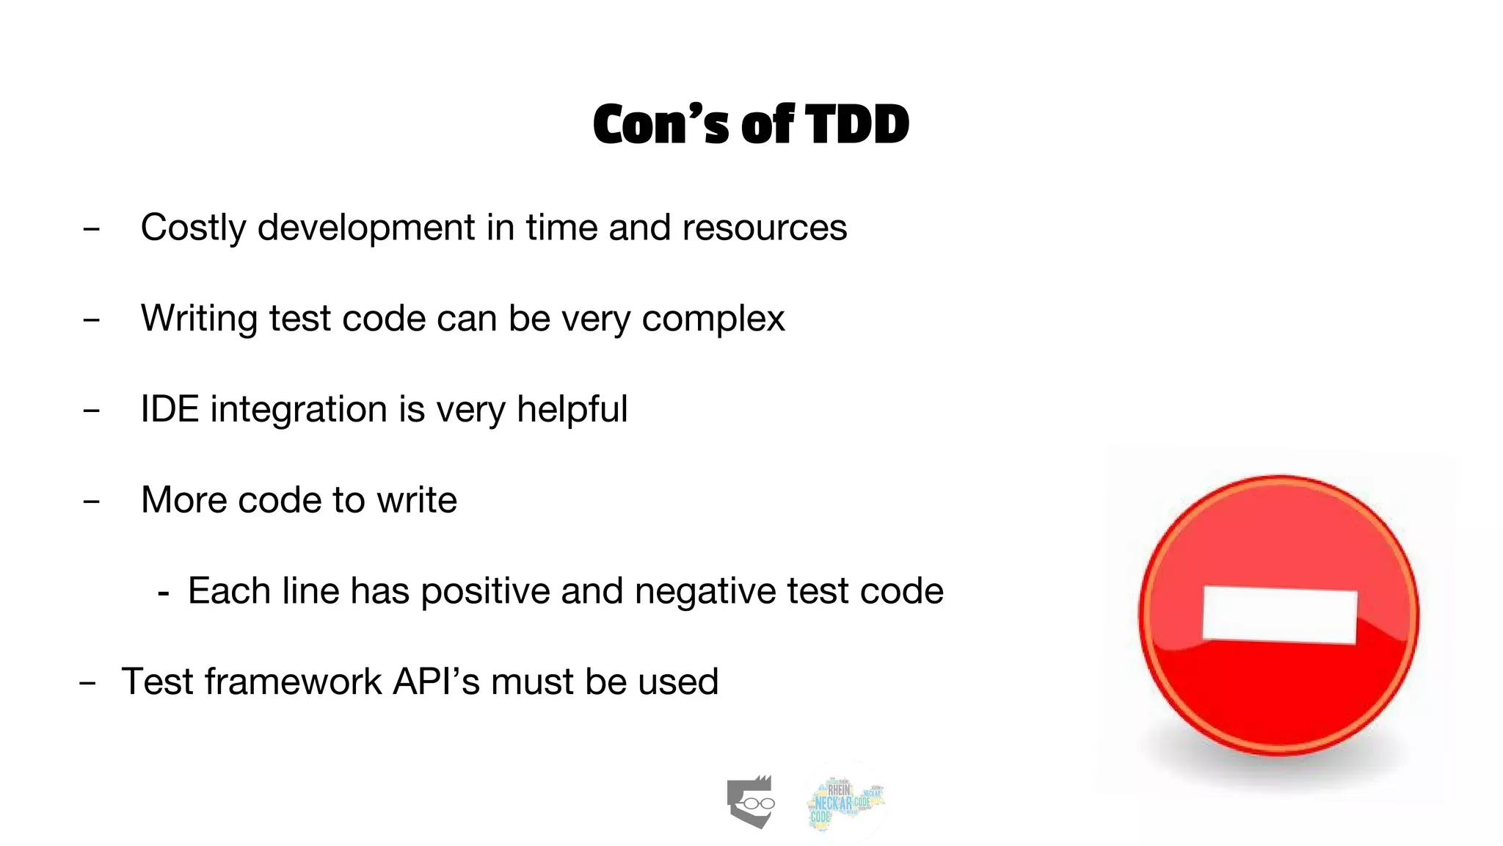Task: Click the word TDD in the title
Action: point(857,124)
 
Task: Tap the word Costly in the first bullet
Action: point(193,228)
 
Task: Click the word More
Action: point(183,500)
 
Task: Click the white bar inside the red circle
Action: point(1279,615)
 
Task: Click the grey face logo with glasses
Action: point(751,802)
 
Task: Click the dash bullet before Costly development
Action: point(91,230)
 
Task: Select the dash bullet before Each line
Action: point(164,593)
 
